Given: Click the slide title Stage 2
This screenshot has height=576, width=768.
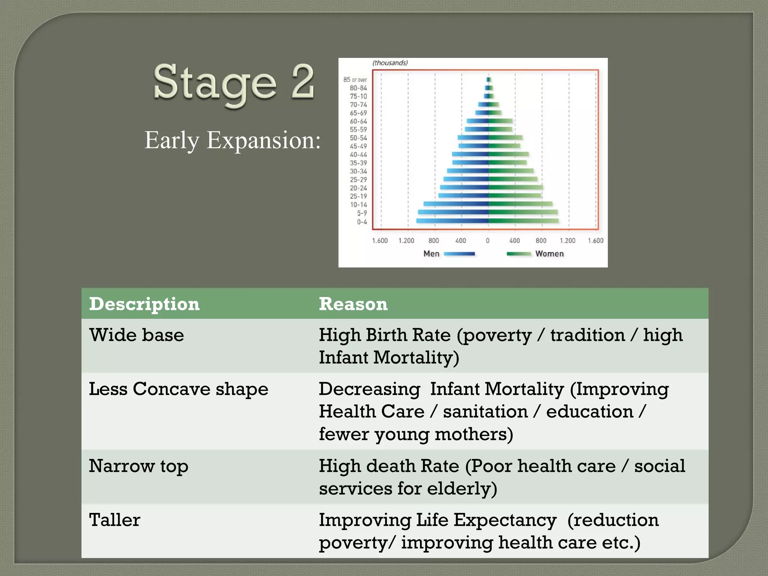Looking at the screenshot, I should pyautogui.click(x=233, y=82).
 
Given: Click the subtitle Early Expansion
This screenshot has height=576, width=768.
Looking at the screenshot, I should pyautogui.click(x=232, y=141).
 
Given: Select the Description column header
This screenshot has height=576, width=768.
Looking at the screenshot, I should pyautogui.click(x=144, y=304).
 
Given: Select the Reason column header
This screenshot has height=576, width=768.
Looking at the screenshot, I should pyautogui.click(x=353, y=304).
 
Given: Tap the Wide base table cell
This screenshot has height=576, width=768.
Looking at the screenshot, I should pyautogui.click(x=136, y=335).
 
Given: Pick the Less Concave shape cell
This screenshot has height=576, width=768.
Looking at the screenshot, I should pyautogui.click(x=178, y=389).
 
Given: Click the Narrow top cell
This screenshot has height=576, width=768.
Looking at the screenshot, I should pyautogui.click(x=138, y=466).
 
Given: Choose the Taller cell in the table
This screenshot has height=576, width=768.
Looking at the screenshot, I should pyautogui.click(x=115, y=520).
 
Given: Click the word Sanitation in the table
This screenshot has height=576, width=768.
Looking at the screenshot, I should pyautogui.click(x=485, y=412).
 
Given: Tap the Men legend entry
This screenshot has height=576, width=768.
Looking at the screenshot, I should pyautogui.click(x=431, y=254).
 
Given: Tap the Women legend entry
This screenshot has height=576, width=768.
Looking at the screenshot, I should pyautogui.click(x=549, y=254).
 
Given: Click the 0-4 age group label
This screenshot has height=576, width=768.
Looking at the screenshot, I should pyautogui.click(x=362, y=222).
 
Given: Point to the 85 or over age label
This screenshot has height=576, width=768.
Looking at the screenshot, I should pyautogui.click(x=355, y=80).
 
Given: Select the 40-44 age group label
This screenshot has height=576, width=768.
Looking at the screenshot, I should pyautogui.click(x=358, y=154).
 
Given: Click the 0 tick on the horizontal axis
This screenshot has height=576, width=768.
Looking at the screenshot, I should pyautogui.click(x=487, y=241).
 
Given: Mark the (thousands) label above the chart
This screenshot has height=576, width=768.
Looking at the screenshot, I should pyautogui.click(x=390, y=63).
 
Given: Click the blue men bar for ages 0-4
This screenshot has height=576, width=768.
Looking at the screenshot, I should pyautogui.click(x=452, y=221).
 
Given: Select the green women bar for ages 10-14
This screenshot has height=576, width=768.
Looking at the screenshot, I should pyautogui.click(x=520, y=204).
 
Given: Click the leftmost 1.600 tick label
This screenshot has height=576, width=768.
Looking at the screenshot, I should pyautogui.click(x=380, y=241).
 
